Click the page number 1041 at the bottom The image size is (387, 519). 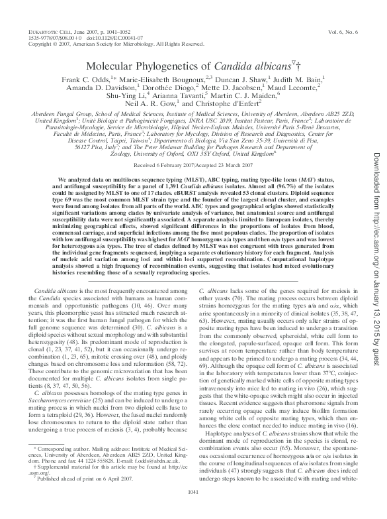pos(194,509)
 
